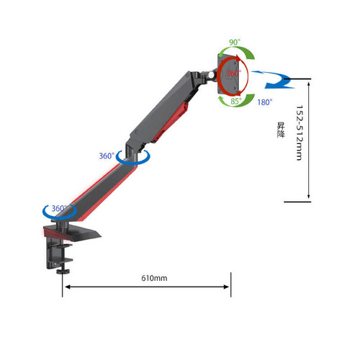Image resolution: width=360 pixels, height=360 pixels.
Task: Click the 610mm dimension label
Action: coord(154,278)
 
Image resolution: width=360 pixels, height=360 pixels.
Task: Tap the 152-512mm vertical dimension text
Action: coord(300,132)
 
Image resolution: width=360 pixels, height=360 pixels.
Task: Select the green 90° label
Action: coord(235,42)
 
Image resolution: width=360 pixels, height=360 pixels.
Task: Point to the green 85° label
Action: coord(236,101)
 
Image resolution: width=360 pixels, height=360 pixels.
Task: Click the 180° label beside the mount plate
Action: coord(265,102)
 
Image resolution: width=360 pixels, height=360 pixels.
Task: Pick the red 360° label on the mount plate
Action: coord(233,73)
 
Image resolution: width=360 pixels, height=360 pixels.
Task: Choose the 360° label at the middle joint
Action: coord(107,156)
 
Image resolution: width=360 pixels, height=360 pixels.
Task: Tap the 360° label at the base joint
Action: coord(59,208)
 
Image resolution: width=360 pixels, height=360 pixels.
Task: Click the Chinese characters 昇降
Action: coord(281,130)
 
